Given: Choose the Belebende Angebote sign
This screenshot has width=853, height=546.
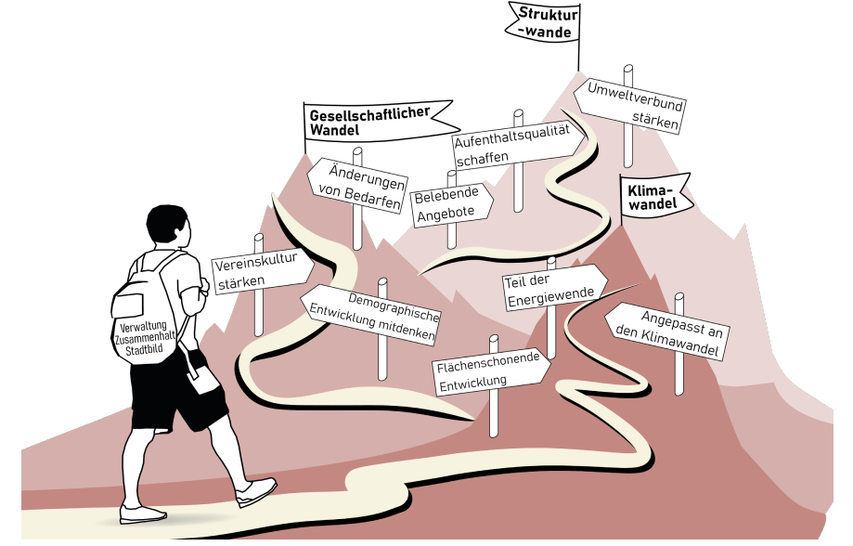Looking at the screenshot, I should [449, 203].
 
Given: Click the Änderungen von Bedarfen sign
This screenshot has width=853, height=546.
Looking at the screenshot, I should [358, 188].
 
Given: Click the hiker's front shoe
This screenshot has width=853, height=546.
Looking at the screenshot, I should [255, 490].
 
